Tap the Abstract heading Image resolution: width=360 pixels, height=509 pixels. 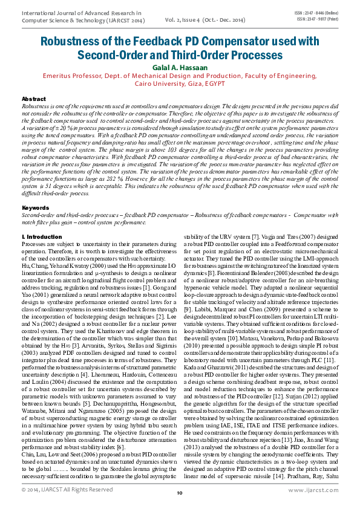pos(33,99)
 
